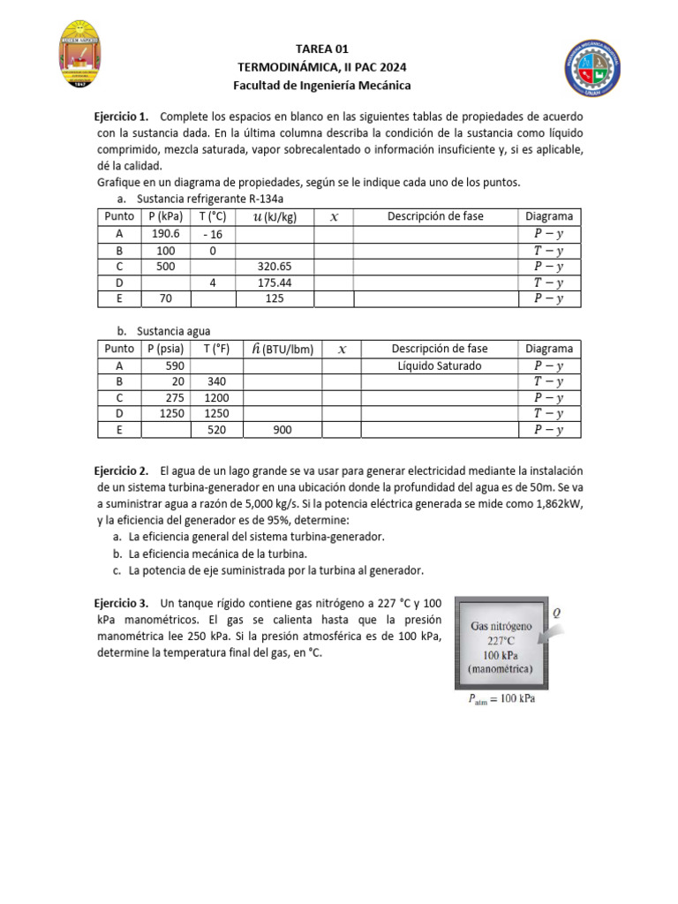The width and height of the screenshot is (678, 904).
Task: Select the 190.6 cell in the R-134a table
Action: pos(165,234)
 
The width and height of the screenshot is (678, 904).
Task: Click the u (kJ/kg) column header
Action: pos(274,216)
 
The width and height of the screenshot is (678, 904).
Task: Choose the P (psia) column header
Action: pos(165,349)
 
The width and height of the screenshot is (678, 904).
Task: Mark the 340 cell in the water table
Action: pos(217,381)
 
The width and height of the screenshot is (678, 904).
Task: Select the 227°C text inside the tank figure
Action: pos(500,642)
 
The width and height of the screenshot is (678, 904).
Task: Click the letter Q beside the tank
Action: pos(555,611)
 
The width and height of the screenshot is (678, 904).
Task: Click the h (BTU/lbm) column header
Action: pos(282,349)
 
